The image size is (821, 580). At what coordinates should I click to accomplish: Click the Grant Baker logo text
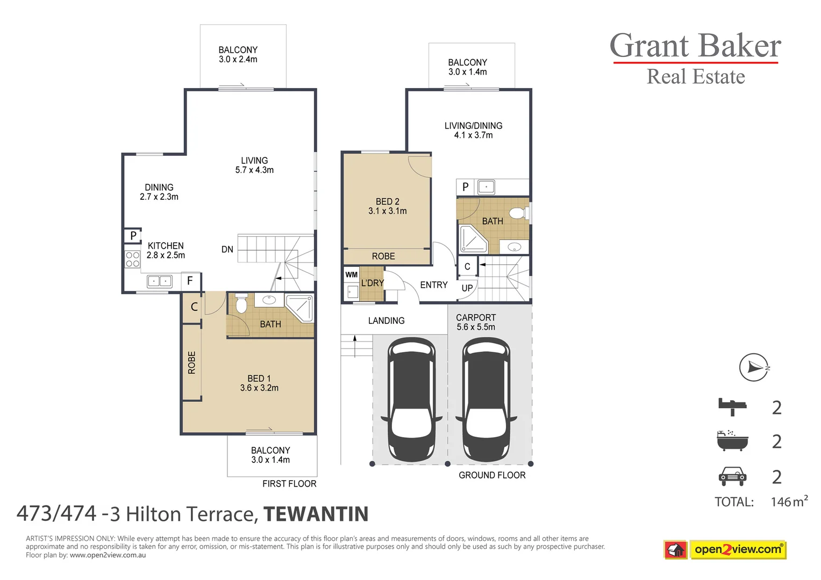click(695, 46)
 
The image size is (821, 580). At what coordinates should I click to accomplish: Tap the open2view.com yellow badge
click(738, 549)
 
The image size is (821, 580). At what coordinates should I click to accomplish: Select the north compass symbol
click(754, 367)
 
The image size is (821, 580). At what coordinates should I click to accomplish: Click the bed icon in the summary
click(732, 407)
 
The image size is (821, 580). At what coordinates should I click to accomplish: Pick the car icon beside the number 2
click(732, 476)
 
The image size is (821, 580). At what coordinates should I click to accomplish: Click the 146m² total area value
click(789, 502)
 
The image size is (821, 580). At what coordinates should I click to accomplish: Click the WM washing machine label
click(351, 274)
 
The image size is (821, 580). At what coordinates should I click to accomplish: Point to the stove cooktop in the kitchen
click(132, 259)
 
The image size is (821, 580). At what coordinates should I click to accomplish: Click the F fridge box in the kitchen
click(190, 280)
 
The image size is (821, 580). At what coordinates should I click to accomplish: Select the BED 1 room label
click(259, 383)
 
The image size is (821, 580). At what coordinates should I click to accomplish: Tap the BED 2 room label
click(387, 206)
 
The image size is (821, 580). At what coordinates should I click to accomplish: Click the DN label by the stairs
click(227, 249)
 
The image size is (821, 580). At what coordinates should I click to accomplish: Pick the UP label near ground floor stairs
click(467, 288)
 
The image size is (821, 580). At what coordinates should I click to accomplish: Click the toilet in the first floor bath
click(241, 303)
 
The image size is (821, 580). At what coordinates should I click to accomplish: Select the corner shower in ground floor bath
click(473, 240)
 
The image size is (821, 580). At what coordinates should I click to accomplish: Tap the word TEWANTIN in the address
click(316, 514)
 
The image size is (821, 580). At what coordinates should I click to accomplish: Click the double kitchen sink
click(160, 281)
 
